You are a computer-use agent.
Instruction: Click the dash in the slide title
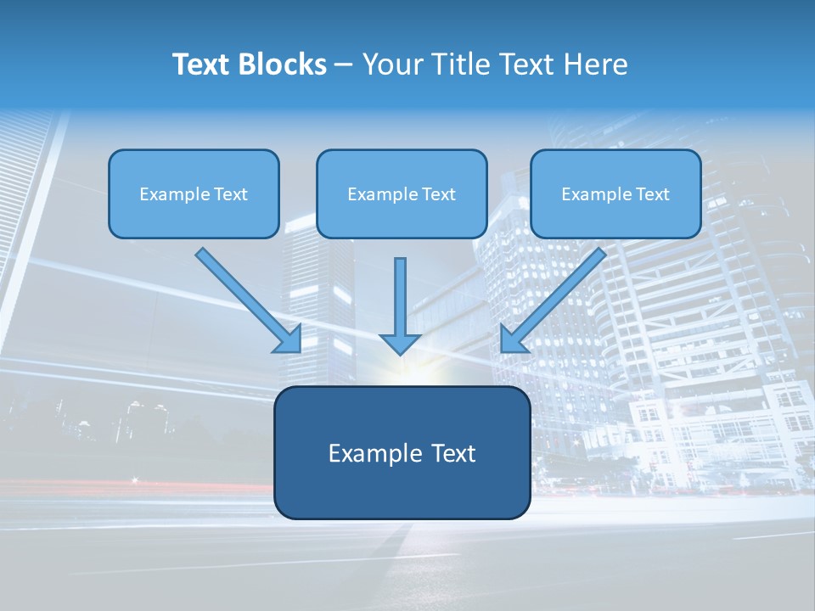tap(344, 65)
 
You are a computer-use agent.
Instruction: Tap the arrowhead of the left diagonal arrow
tap(289, 340)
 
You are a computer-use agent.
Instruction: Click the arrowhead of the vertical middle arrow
tap(400, 345)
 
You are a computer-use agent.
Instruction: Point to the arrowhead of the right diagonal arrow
tap(512, 339)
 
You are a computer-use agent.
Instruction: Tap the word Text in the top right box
tap(653, 194)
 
